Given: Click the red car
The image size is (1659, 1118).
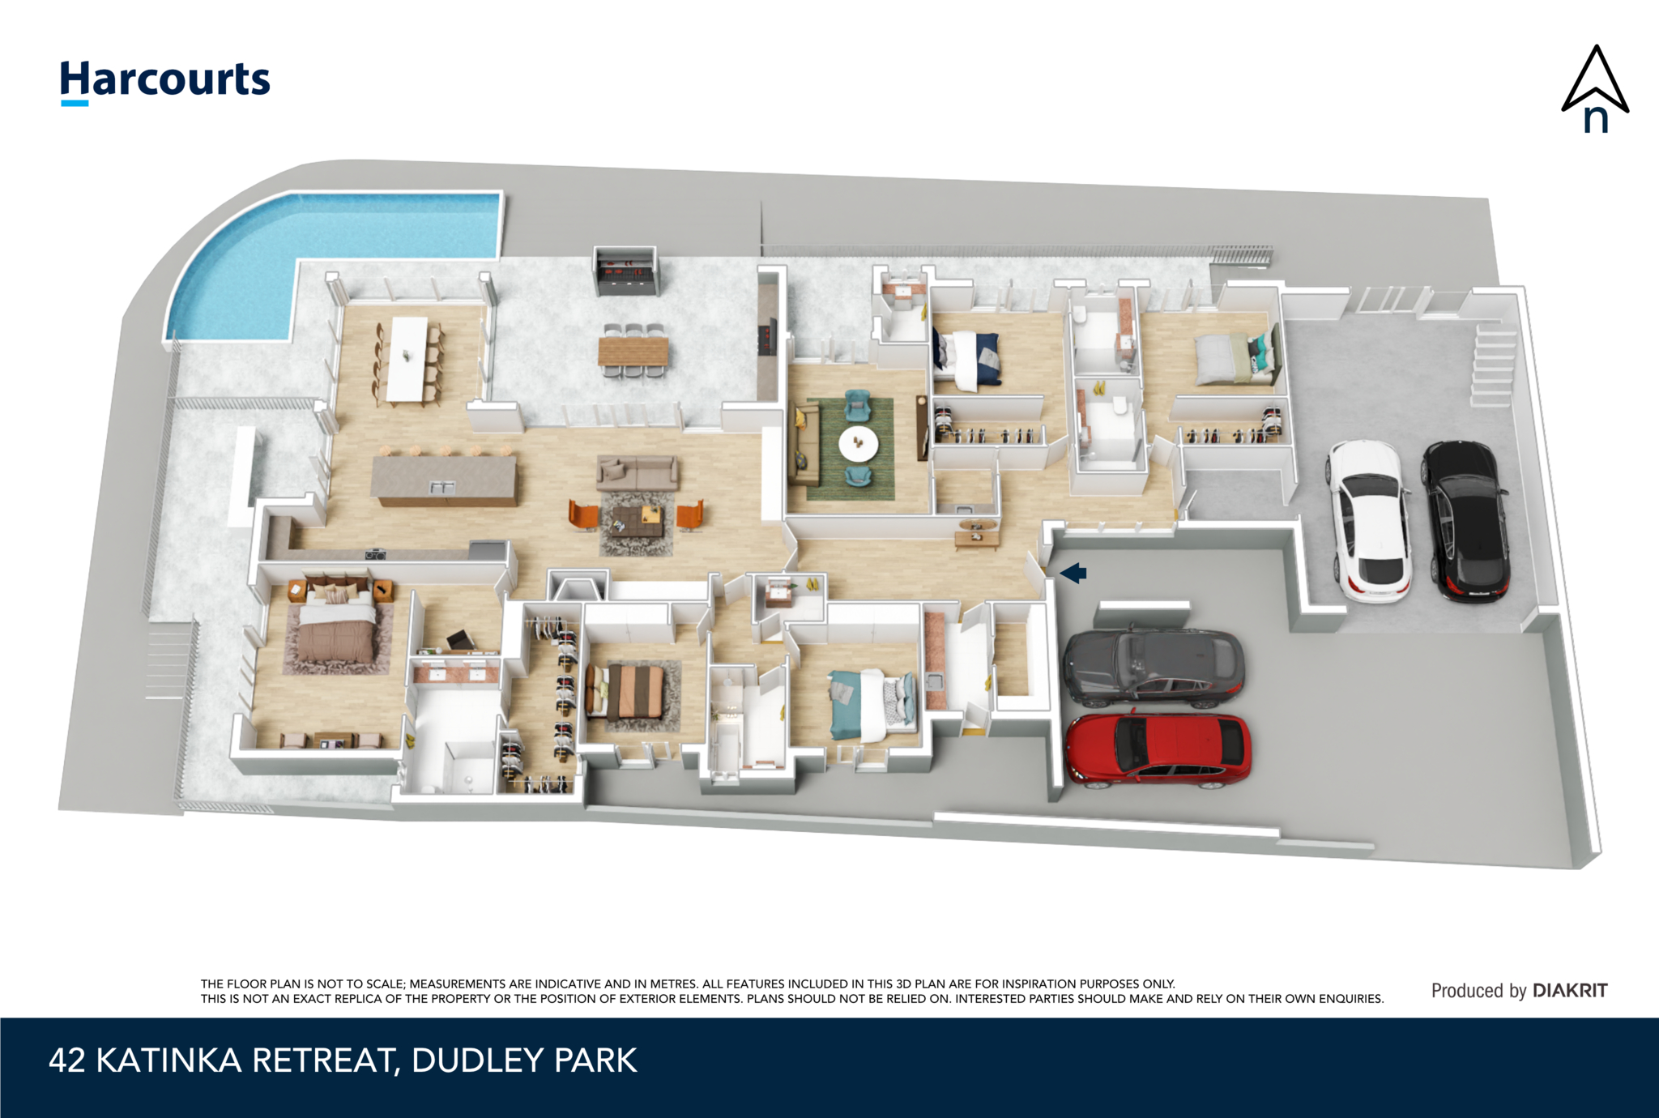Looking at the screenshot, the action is [1158, 749].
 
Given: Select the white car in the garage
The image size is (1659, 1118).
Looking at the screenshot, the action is [1369, 521].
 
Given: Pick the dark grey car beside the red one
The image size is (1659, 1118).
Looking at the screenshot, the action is [1154, 666].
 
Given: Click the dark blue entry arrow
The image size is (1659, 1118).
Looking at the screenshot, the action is [1073, 574].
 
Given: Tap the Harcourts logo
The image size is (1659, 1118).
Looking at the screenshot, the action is [165, 82].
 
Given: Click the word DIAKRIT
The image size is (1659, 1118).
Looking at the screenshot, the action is [1570, 990].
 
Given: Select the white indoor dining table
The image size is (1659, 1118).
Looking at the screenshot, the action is [407, 359].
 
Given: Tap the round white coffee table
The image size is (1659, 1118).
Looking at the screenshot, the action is [858, 443].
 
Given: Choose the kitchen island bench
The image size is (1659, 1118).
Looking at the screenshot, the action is [444, 480].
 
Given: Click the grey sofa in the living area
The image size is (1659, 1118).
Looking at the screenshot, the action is [638, 472].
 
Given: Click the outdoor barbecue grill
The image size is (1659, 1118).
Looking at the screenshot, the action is [625, 271].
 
